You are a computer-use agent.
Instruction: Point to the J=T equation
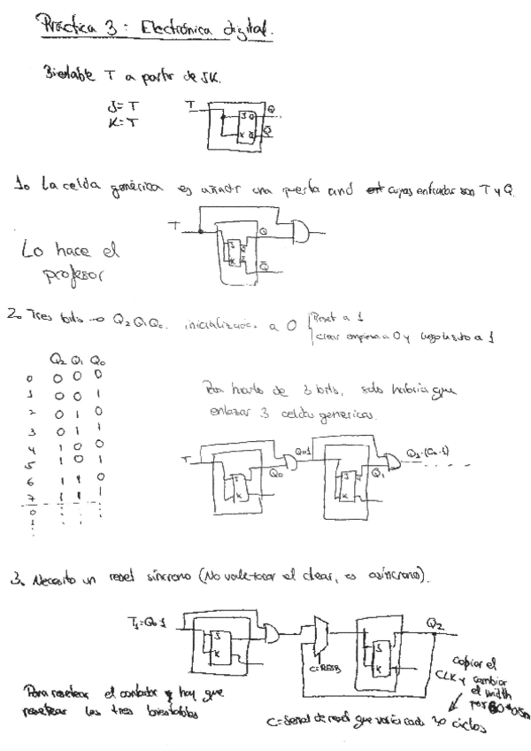point(116,109)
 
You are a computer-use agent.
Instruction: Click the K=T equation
point(116,124)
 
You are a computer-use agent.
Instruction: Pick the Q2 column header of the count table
point(58,360)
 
